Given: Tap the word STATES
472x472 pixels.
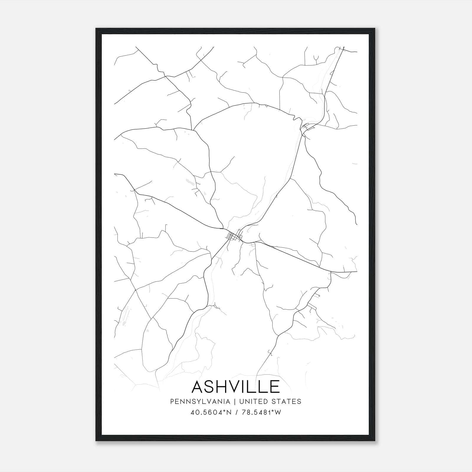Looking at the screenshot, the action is [x=287, y=401].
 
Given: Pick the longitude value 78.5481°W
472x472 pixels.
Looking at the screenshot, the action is [x=261, y=412].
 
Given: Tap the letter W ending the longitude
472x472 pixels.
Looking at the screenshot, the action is [x=278, y=412].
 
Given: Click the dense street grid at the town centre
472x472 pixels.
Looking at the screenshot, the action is [x=235, y=236].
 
